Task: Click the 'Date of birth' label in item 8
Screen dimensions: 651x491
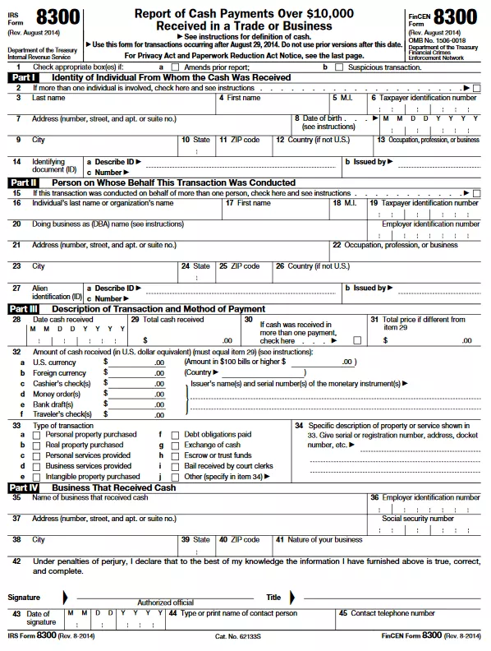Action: [x=322, y=118]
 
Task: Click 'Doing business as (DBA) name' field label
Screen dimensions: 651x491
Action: [x=108, y=224]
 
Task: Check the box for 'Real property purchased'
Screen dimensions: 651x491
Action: [x=36, y=445]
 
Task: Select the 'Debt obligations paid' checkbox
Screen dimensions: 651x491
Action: [x=175, y=434]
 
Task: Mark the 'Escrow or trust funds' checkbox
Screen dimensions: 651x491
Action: [x=175, y=455]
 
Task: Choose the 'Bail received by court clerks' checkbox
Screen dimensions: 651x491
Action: [x=175, y=466]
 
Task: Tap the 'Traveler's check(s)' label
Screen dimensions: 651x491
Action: [x=64, y=414]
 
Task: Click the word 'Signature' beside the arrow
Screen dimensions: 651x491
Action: [x=25, y=597]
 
